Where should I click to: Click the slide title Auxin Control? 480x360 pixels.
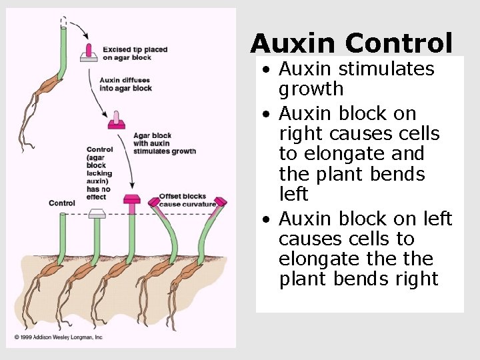(351, 43)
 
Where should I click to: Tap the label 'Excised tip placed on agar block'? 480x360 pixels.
(135, 53)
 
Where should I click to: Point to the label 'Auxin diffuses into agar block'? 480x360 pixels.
(125, 84)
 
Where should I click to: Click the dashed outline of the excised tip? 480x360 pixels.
(63, 23)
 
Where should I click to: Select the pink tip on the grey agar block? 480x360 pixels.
(88, 50)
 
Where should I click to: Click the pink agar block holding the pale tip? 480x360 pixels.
(117, 125)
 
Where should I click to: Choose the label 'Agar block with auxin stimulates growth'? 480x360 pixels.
(164, 143)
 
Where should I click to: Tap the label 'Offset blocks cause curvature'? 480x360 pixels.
(187, 200)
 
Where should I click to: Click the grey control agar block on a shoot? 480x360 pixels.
(97, 213)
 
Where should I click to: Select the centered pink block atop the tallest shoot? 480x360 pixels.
(132, 199)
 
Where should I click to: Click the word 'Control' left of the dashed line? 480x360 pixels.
(62, 203)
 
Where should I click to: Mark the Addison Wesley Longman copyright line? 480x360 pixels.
(59, 337)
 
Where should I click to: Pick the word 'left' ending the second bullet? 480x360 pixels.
(293, 194)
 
